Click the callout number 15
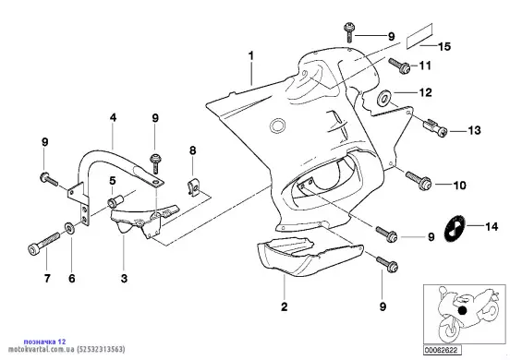[444, 46]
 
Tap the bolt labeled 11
[399, 65]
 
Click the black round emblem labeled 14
[455, 227]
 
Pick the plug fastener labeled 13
[435, 127]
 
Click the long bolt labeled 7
[43, 244]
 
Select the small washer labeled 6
[70, 228]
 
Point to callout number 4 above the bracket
[113, 117]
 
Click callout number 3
[124, 279]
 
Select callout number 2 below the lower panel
[285, 306]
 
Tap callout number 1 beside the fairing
[250, 56]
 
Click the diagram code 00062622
[442, 350]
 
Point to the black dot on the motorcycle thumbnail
[462, 310]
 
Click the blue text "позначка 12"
[44, 342]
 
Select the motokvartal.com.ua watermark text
[67, 350]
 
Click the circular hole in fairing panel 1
[278, 126]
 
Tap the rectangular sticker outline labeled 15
[420, 36]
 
